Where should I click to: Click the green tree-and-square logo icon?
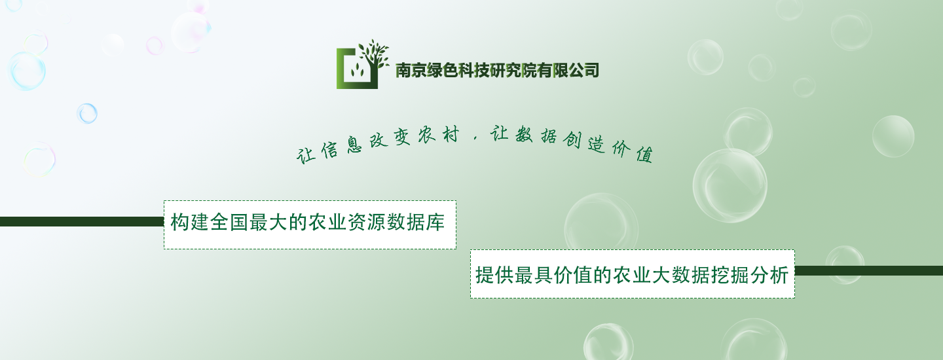[362, 65]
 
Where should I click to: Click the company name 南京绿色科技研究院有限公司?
[497, 70]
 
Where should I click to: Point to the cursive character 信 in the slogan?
[329, 150]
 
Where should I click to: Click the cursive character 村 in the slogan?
[451, 135]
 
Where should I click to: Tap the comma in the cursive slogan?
[475, 137]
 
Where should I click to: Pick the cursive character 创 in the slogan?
[572, 139]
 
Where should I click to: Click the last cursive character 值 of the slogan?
[644, 154]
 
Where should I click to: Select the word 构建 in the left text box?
[189, 222]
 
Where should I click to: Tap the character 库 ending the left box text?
[435, 222]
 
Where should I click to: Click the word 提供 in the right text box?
[494, 275]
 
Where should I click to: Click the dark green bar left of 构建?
[82, 222]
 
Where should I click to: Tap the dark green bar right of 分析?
[869, 271]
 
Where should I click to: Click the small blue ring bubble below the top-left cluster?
[87, 113]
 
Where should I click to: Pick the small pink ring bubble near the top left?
[155, 45]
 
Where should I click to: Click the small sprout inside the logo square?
[358, 70]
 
